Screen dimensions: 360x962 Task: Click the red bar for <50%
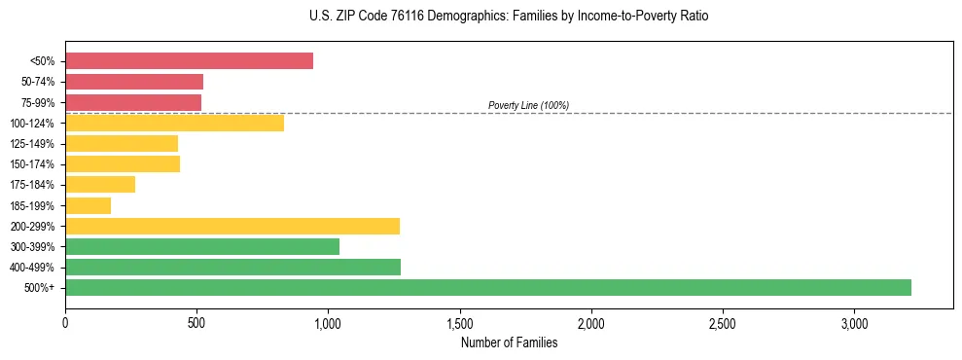tap(189, 61)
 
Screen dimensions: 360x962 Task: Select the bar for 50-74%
tap(134, 82)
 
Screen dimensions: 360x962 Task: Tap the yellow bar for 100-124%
tap(174, 123)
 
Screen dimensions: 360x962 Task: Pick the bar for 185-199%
tap(88, 205)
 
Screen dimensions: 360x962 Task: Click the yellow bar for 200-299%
tap(232, 226)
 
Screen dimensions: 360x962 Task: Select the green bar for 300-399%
tap(202, 246)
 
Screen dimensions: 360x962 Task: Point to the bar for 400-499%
tap(232, 267)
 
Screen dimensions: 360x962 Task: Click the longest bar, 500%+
tap(488, 287)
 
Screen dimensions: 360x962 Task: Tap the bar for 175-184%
tap(100, 185)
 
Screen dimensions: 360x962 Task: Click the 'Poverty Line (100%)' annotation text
tap(528, 105)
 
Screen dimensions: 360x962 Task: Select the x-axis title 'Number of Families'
tap(509, 342)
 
